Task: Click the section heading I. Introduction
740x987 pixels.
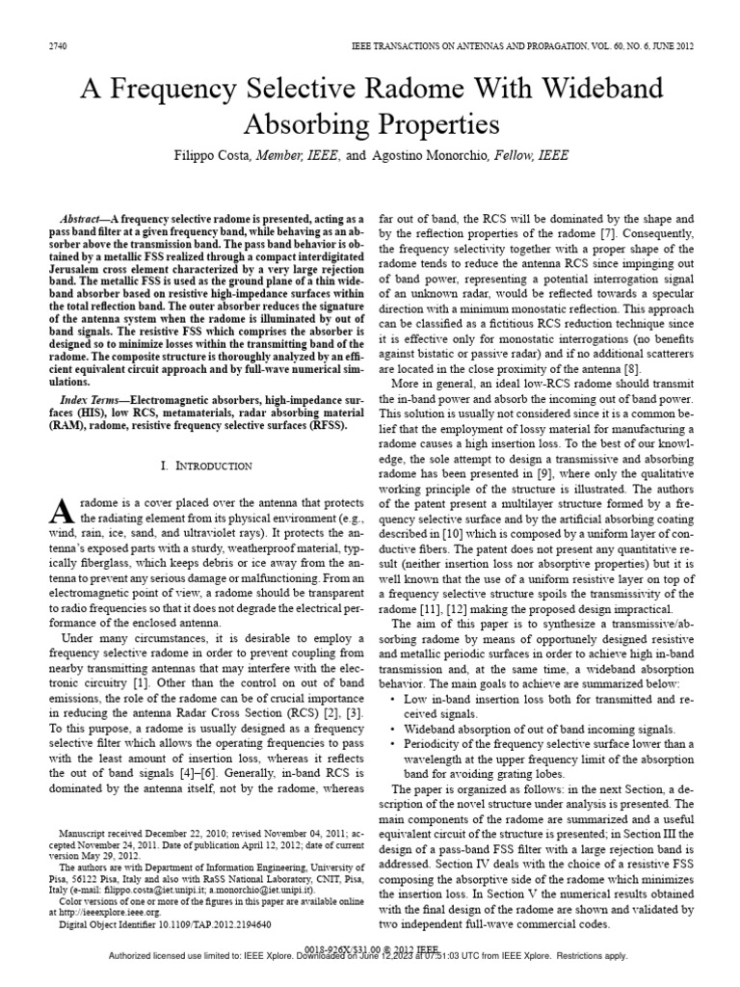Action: [206, 466]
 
